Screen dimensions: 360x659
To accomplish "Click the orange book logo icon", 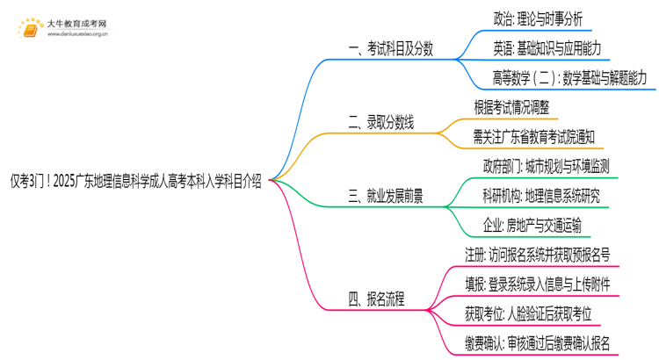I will click(x=29, y=28).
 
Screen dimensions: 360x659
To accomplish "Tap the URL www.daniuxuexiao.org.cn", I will click(x=77, y=35).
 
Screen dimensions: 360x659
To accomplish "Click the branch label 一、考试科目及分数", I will click(x=385, y=49).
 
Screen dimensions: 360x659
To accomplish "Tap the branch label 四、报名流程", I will click(x=376, y=299).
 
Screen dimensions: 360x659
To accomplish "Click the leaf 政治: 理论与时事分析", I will click(x=539, y=18).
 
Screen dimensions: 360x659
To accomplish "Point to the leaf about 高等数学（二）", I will click(x=569, y=78).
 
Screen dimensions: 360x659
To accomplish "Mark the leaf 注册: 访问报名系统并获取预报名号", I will click(x=538, y=255).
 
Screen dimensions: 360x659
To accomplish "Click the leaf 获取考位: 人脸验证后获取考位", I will click(x=528, y=313).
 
